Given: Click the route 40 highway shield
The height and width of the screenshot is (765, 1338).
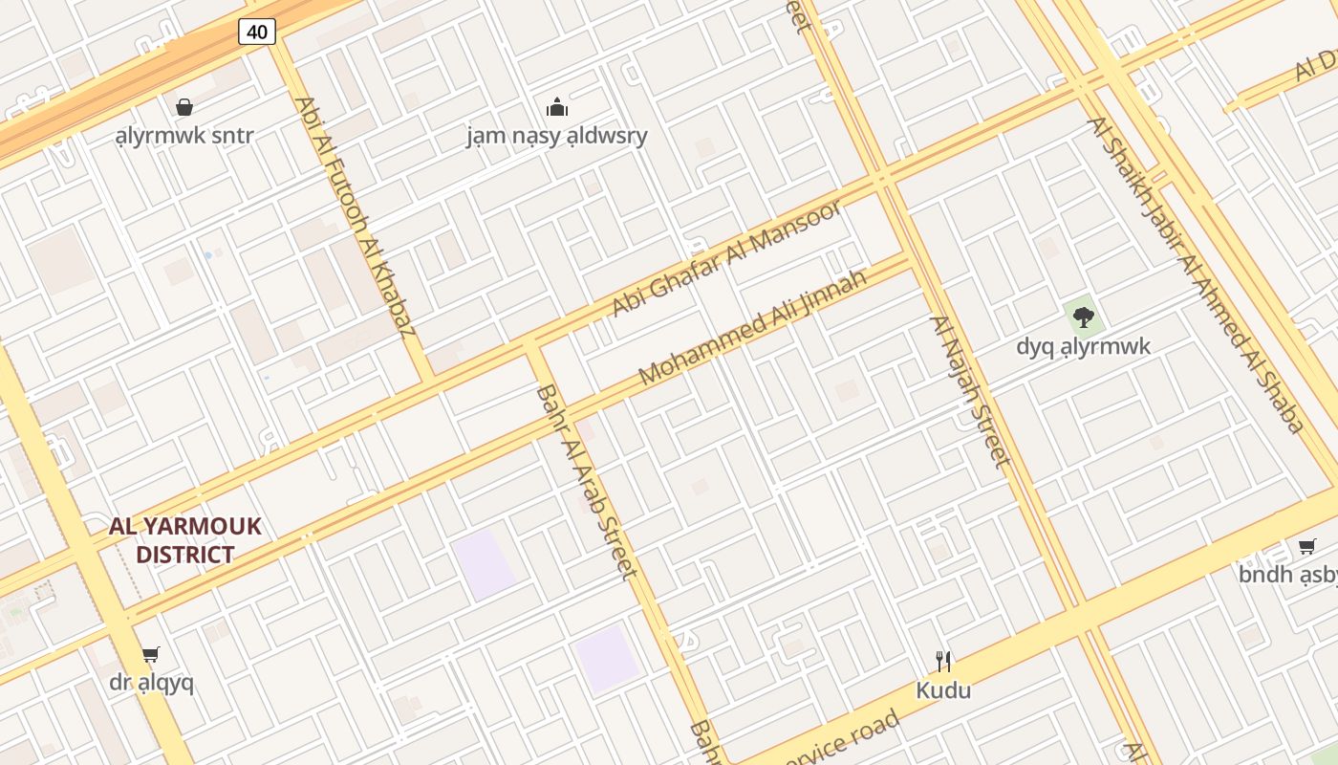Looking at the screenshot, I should (257, 32).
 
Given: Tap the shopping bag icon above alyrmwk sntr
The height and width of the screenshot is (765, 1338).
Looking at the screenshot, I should (184, 106).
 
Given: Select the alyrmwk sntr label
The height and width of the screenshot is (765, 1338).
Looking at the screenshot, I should (184, 135).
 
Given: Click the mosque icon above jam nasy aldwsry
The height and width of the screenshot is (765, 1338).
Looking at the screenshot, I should (556, 106).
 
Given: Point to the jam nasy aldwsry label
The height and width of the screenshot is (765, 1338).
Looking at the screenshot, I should (556, 136).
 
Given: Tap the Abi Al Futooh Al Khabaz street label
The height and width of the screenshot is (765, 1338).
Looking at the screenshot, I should (356, 217).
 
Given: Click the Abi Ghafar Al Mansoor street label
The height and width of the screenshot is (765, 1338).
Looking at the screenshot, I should (727, 257).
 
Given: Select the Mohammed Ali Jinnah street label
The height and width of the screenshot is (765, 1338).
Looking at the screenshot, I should (752, 327).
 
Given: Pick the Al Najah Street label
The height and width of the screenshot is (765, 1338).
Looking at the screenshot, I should (970, 392).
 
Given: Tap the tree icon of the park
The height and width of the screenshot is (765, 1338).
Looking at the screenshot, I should (1083, 317).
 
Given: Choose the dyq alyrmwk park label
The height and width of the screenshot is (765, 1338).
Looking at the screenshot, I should (1083, 345).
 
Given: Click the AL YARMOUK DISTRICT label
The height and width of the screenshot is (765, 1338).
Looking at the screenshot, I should (184, 540).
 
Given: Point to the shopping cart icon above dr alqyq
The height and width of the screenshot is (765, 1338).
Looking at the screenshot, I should (151, 655).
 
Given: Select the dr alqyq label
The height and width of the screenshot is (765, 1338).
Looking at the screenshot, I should (151, 683).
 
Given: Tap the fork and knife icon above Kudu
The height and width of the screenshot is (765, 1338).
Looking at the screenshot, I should (943, 661).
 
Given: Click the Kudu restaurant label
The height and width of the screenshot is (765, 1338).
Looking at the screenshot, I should (943, 689).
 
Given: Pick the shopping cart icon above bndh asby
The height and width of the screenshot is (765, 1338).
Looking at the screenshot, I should (1306, 546).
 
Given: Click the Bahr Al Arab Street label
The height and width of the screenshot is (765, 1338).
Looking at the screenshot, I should (585, 482).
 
